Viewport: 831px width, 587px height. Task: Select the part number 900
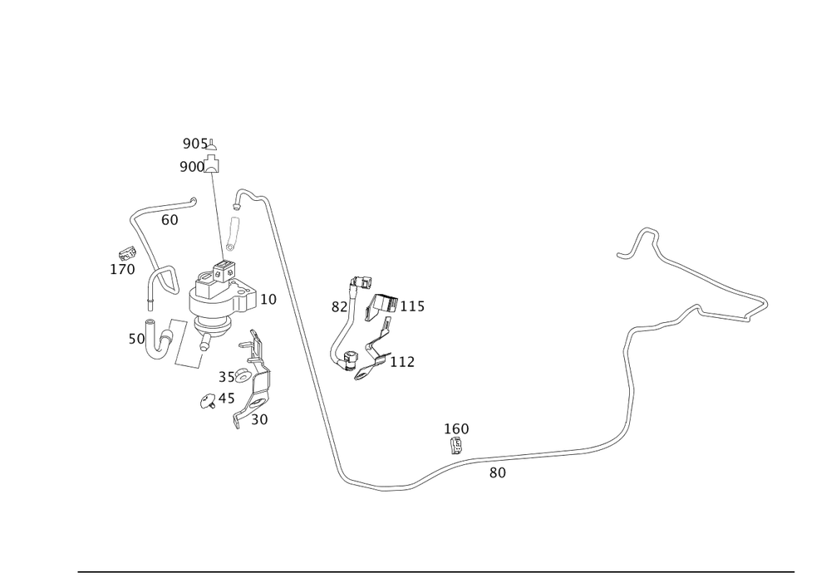tap(192, 167)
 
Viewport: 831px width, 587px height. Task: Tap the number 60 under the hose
tap(170, 221)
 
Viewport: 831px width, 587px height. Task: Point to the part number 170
tap(122, 269)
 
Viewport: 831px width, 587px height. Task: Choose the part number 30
tap(259, 420)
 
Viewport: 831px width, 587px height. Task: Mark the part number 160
tap(457, 428)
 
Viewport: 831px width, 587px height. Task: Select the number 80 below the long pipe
tap(498, 472)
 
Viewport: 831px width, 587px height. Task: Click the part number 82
tap(338, 308)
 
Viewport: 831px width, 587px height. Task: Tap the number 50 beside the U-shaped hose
tap(135, 340)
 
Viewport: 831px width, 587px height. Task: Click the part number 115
tap(413, 308)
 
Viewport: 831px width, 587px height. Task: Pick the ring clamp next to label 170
tap(166, 277)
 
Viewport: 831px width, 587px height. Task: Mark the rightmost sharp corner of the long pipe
tap(767, 302)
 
